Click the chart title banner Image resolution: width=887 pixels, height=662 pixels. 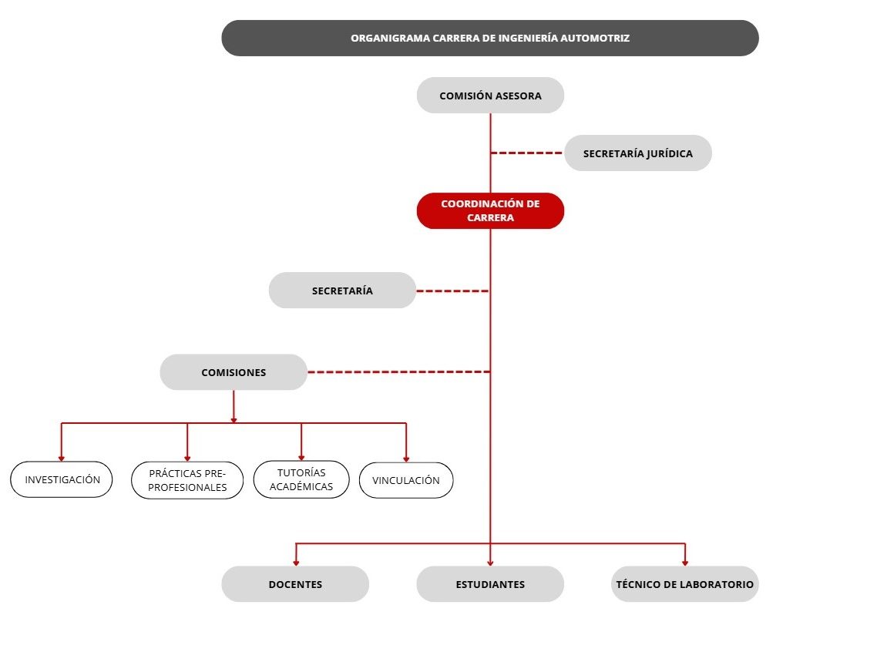[490, 38]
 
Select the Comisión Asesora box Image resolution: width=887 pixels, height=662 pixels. [490, 96]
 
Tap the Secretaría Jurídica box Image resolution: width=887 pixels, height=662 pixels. [637, 153]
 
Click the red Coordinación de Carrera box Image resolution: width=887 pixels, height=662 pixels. [490, 210]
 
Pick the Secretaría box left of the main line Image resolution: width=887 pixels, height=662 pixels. [342, 291]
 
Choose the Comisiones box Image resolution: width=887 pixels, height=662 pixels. [234, 372]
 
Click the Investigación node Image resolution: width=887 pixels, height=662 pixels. [62, 480]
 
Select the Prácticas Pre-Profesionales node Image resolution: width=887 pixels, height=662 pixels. [187, 480]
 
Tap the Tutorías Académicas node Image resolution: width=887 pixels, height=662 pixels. [301, 479]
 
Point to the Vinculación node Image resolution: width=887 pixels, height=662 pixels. [406, 480]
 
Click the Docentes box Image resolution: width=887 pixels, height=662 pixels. [295, 584]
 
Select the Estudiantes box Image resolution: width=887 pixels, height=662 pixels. [490, 584]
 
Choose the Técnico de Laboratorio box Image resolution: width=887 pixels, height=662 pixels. [685, 584]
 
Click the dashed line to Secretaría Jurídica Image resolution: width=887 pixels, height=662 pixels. [527, 153]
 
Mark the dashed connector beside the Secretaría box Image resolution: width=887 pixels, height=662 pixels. [453, 291]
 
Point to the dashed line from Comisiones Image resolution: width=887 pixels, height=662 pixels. [399, 371]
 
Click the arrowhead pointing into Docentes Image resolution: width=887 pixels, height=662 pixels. [296, 563]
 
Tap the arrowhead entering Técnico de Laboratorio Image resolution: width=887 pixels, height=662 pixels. [685, 563]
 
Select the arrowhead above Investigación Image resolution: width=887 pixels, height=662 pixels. [62, 459]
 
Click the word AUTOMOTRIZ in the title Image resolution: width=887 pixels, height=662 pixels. [594, 38]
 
